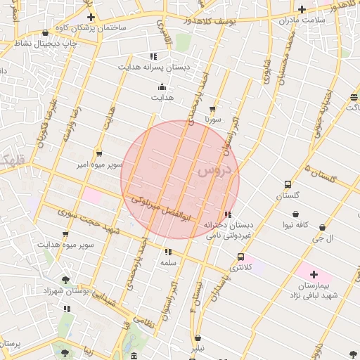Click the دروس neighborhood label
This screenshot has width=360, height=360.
[x=217, y=169]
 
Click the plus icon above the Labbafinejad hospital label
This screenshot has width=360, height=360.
[x=314, y=274]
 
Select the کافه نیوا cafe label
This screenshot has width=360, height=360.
[x=297, y=225]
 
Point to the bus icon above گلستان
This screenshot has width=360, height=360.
[x=287, y=184]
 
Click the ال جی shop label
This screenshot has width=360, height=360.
[x=323, y=238]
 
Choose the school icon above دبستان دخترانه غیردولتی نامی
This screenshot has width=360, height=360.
[x=227, y=214]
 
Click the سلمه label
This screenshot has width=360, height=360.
[x=167, y=262]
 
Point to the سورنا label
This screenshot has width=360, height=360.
[x=212, y=120]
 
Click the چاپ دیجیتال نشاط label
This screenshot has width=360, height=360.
[x=46, y=43]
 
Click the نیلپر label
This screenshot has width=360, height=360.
[x=198, y=347]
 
